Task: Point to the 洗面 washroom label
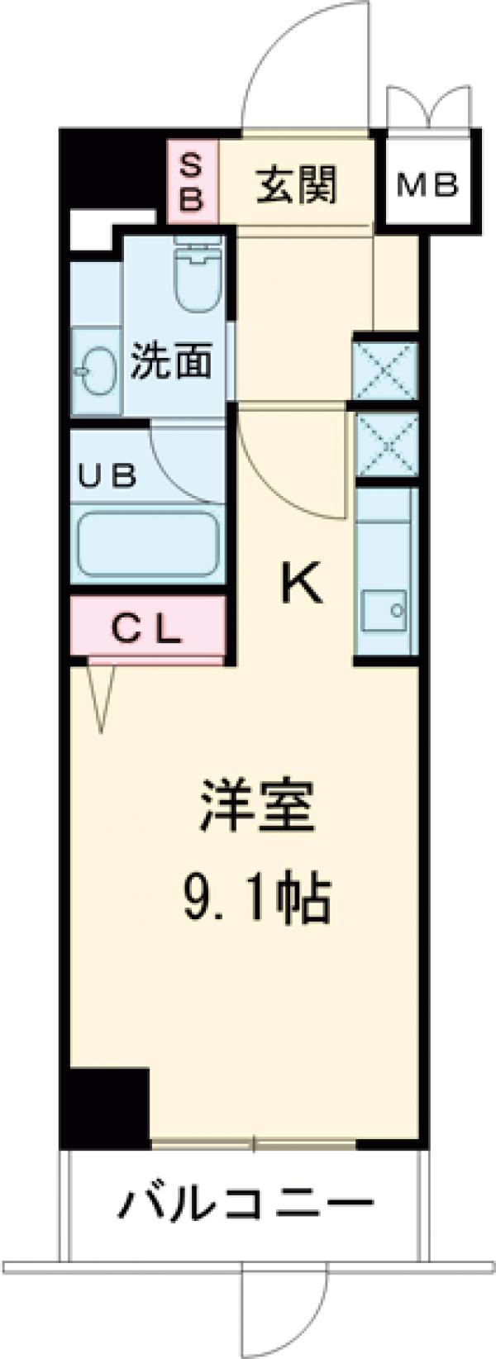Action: coord(171,361)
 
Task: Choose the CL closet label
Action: coord(146,632)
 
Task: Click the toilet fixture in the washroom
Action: coord(198,274)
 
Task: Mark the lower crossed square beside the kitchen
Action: coord(385,443)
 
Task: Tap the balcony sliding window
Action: coord(254,1145)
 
